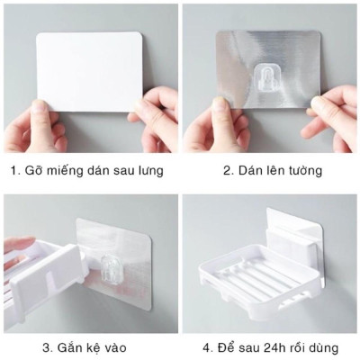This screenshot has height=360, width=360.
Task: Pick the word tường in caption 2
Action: [302, 171]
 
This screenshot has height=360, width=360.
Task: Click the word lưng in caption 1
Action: [149, 171]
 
